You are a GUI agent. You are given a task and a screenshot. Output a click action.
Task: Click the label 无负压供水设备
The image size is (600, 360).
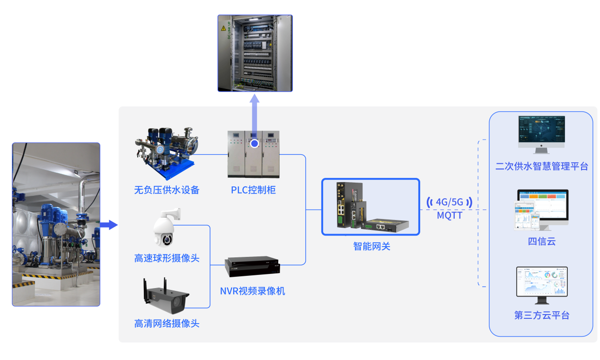[x=167, y=190]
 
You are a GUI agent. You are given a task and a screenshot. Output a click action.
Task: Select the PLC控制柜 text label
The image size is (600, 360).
[x=253, y=190]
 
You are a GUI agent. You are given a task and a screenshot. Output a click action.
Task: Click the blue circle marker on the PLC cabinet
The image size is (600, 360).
[x=255, y=143]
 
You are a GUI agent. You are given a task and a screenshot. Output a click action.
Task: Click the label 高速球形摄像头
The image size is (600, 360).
[x=167, y=258]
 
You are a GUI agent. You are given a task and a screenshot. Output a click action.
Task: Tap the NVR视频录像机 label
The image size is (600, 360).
[x=253, y=291]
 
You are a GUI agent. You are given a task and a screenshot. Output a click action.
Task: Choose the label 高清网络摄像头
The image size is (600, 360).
[x=167, y=324]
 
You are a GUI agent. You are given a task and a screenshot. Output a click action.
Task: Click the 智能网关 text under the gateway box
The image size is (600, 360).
[x=371, y=246]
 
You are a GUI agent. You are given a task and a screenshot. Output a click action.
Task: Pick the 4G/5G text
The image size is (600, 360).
[x=449, y=202]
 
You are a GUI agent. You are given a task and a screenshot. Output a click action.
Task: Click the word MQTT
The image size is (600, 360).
[x=449, y=216]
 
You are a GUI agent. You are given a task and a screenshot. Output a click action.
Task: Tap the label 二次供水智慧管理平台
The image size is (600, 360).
[x=541, y=167]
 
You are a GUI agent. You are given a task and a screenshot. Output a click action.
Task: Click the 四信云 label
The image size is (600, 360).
[x=541, y=242]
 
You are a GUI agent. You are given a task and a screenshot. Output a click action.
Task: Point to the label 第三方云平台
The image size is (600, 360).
[x=541, y=316]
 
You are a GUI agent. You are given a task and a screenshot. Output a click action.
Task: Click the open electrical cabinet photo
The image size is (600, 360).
[x=255, y=53]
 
